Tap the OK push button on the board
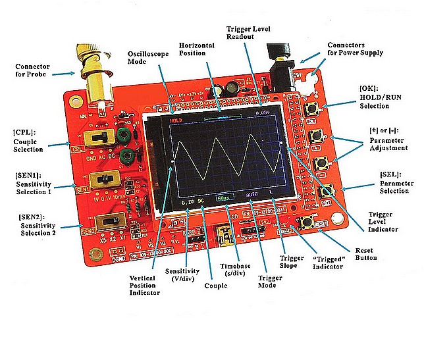(x=323, y=111)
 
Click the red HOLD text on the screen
(x=176, y=121)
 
